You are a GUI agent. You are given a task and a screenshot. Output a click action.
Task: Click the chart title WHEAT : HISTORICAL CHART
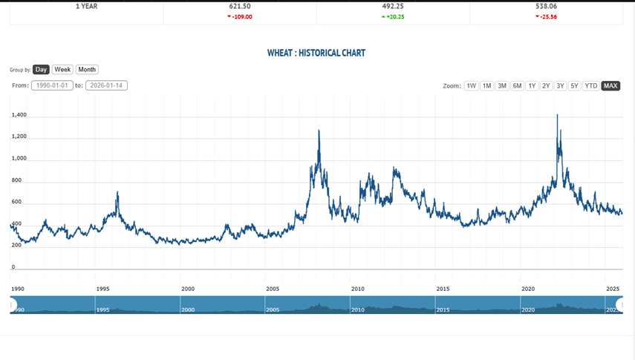pyautogui.click(x=316, y=53)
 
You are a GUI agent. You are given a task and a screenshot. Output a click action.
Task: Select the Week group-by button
pyautogui.click(x=62, y=70)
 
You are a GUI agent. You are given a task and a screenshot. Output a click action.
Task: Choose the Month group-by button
pyautogui.click(x=87, y=70)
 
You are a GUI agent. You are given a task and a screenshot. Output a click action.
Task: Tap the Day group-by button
pyautogui.click(x=41, y=70)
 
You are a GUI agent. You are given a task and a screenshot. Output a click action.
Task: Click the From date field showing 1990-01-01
pyautogui.click(x=52, y=85)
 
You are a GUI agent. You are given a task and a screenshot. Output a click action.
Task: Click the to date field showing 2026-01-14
pyautogui.click(x=106, y=85)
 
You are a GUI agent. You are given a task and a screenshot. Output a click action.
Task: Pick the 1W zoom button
pyautogui.click(x=471, y=86)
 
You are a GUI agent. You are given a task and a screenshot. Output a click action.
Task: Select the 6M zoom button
pyautogui.click(x=517, y=86)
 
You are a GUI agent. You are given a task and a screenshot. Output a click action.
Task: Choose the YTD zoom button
pyautogui.click(x=591, y=86)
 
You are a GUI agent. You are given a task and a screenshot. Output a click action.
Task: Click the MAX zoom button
pyautogui.click(x=610, y=86)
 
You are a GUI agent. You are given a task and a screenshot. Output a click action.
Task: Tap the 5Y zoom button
pyautogui.click(x=574, y=86)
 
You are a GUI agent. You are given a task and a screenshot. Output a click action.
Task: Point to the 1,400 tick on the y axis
pyautogui.click(x=19, y=115)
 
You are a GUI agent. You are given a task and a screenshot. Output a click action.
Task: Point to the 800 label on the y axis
pyautogui.click(x=17, y=180)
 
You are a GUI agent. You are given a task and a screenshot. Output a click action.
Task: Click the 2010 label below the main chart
pyautogui.click(x=358, y=289)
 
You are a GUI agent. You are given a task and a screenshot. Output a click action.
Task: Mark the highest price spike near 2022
pyautogui.click(x=557, y=115)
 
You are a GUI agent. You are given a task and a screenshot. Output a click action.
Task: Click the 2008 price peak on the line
pyautogui.click(x=319, y=131)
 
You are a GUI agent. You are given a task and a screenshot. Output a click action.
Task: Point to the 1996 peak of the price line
pyautogui.click(x=117, y=192)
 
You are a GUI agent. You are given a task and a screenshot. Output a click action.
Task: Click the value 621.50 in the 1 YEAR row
pyautogui.click(x=240, y=6)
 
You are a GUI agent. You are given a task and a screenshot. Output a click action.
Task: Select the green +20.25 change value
pyautogui.click(x=394, y=16)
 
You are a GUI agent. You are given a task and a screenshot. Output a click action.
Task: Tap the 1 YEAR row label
pyautogui.click(x=86, y=6)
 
